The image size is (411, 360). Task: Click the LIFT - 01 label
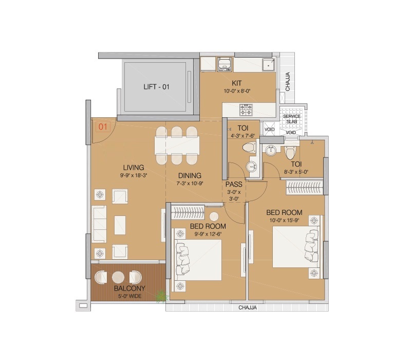tap(156, 87)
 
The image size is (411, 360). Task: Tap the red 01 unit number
tap(103, 126)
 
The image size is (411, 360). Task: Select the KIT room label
tap(236, 83)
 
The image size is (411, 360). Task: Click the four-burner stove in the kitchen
tap(246, 110)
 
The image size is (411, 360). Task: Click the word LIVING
tap(133, 167)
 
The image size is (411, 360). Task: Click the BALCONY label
tap(129, 289)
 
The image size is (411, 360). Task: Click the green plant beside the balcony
tap(162, 296)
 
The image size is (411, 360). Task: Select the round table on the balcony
tap(119, 277)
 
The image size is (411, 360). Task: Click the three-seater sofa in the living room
tap(99, 225)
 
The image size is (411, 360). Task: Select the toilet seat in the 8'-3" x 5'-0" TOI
tap(290, 153)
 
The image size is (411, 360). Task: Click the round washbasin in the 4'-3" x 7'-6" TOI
tap(251, 167)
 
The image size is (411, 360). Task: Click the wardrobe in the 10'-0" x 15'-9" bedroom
tap(304, 188)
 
